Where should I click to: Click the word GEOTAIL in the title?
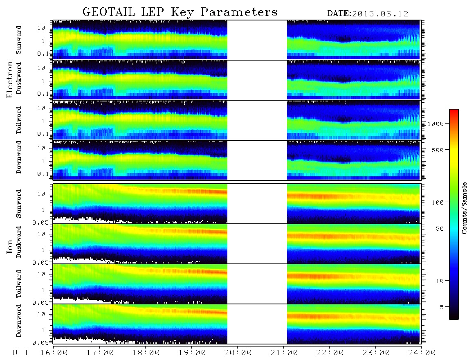[109, 12]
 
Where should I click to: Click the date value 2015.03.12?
[380, 14]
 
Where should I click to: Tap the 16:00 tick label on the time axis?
[54, 353]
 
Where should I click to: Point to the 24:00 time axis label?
[422, 353]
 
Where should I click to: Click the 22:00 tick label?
[330, 353]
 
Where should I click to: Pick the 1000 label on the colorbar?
[436, 124]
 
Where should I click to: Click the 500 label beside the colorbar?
[438, 150]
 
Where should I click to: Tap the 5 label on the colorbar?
[442, 307]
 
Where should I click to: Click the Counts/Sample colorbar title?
[464, 208]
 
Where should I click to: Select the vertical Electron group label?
[10, 80]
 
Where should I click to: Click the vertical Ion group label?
[10, 247]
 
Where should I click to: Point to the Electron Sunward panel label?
[19, 40]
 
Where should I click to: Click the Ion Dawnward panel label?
[19, 320]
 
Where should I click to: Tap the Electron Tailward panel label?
[19, 120]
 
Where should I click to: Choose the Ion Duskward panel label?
[19, 242]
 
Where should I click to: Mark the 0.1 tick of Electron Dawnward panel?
[43, 174]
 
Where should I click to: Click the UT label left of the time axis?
[20, 353]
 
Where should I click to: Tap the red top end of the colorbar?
[454, 110]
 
